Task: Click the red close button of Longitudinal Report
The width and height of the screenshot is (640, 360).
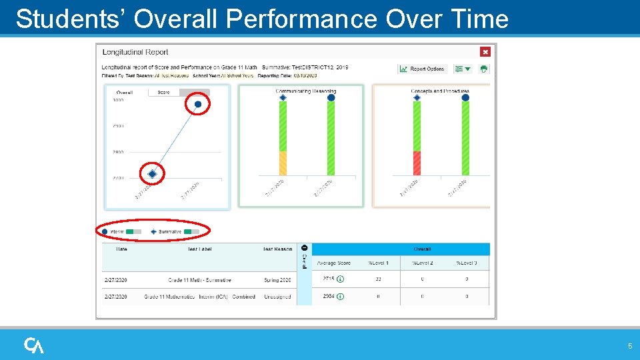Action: (485, 51)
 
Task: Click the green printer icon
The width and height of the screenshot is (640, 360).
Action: (483, 69)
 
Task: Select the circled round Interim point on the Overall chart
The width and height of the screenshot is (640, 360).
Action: (197, 104)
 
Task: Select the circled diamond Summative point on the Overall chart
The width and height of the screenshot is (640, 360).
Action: (152, 173)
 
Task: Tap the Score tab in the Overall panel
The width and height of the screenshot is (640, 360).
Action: (164, 93)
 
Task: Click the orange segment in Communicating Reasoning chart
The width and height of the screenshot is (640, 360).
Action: (283, 163)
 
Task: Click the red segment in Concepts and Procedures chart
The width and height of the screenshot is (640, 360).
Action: (417, 163)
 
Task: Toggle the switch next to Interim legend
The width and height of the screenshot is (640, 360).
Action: (133, 231)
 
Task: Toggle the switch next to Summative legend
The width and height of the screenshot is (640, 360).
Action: (191, 231)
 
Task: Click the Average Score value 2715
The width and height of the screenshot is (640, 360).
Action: (328, 279)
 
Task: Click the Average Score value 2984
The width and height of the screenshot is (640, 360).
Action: (328, 296)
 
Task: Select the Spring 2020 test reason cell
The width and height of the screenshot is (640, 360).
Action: (277, 280)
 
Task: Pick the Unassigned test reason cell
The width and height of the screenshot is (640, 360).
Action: (277, 297)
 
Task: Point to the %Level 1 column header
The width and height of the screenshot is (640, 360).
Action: (378, 263)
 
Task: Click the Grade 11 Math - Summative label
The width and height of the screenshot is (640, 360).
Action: (199, 280)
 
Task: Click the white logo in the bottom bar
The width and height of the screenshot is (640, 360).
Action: (34, 345)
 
